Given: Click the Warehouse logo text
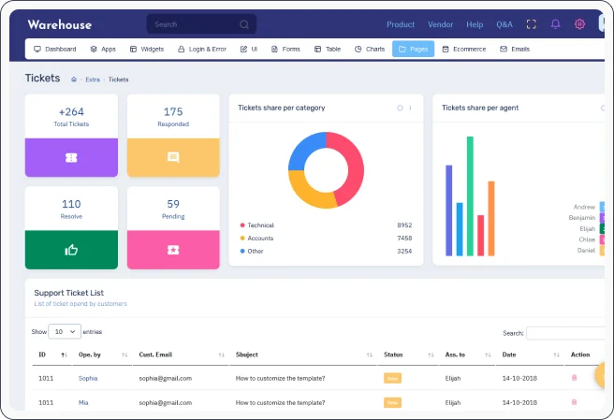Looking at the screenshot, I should coord(58,24).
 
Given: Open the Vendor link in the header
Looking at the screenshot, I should coord(440,24).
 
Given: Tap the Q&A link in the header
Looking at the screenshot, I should coord(504,24).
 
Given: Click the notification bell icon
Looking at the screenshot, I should coord(556,24).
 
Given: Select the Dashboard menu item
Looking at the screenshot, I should coord(55,49).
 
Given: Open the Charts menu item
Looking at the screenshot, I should coord(370,49).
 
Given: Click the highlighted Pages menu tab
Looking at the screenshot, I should coord(413,49).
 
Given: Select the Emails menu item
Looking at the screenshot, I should coord(515,49).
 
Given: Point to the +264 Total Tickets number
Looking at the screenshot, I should coord(71,111).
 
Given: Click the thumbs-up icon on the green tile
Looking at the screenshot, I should coord(71,249).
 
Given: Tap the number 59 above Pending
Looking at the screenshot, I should coord(173,204).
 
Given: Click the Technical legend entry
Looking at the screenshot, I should coord(260,225).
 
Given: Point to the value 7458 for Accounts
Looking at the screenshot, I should coord(403,239).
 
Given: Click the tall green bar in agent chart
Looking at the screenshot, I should coord(470,196).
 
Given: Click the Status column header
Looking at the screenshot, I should coord(393,355).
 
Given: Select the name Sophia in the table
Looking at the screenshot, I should coord(88,378).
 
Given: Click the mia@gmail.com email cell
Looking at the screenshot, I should coord(165,401).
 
